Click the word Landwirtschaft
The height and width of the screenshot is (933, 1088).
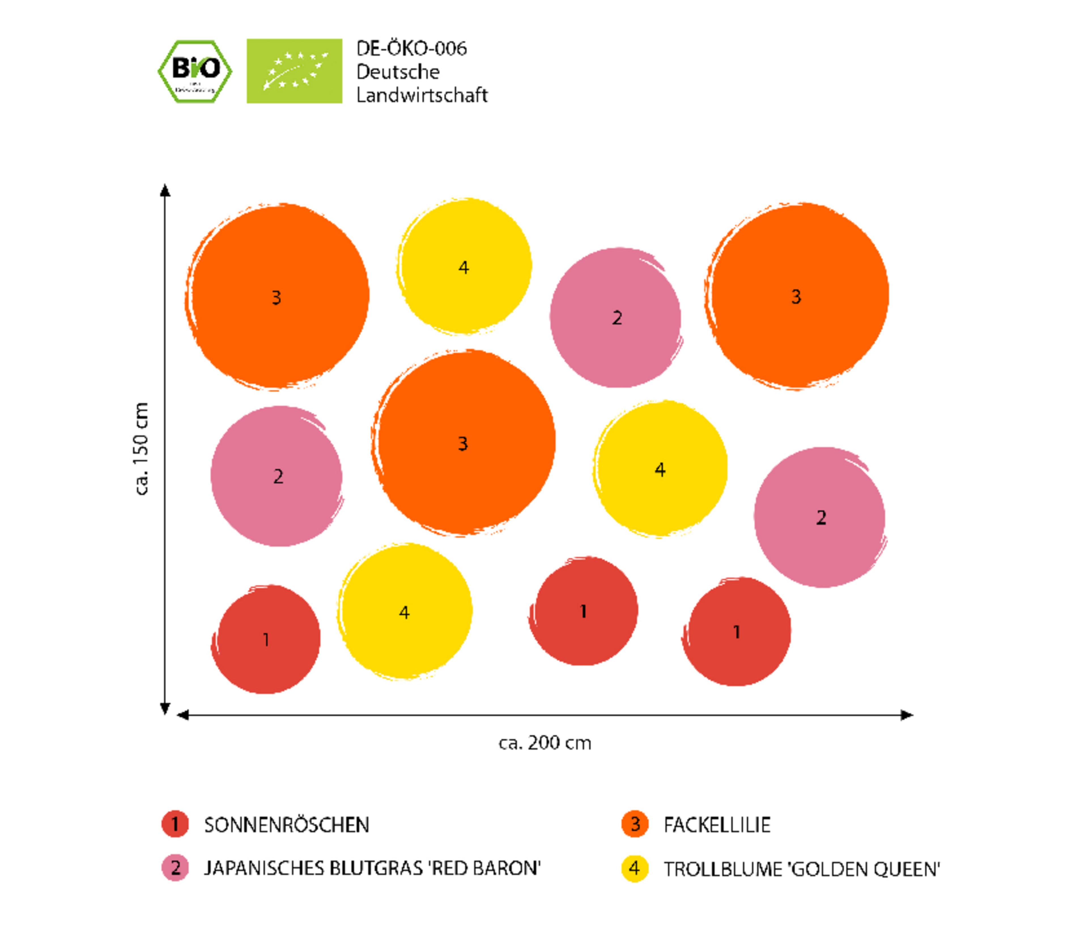422,95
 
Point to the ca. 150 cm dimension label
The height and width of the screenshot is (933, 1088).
141,449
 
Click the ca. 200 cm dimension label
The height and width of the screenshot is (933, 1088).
545,743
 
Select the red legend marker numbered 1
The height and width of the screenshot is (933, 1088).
175,824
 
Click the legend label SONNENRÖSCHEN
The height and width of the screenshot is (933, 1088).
287,825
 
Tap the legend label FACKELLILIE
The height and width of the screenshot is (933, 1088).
717,825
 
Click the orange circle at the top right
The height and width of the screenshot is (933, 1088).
796,296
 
